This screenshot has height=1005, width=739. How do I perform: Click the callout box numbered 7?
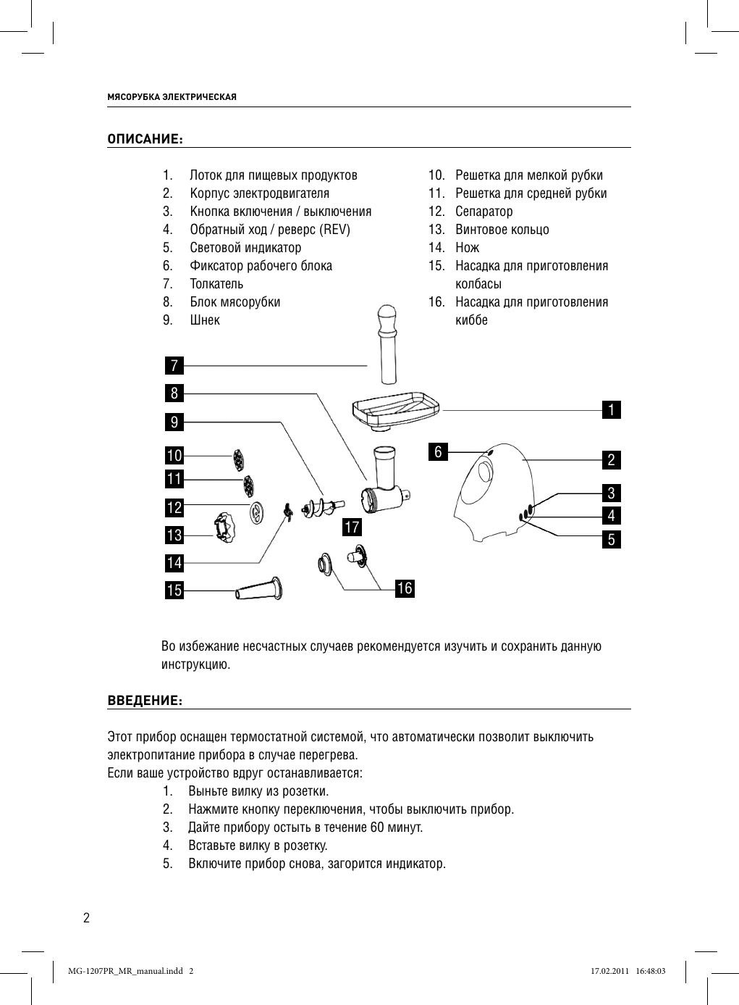pos(174,365)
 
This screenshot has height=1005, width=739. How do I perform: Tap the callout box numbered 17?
pos(352,527)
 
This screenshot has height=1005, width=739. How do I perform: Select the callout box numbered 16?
pos(405,588)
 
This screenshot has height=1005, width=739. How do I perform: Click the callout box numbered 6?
pos(437,452)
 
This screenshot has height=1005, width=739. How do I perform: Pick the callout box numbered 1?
pos(612,410)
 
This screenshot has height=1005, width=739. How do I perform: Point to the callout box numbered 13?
pos(174,535)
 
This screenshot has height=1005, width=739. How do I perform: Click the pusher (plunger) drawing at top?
pos(387,344)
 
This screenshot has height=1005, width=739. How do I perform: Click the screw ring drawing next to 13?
pos(224,526)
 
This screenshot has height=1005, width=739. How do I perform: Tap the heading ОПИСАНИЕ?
pos(144,139)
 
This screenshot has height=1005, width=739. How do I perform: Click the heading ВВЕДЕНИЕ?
pos(144,701)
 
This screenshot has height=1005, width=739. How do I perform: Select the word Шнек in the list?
pos(205,320)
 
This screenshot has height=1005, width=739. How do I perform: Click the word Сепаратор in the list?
pos(483,212)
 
